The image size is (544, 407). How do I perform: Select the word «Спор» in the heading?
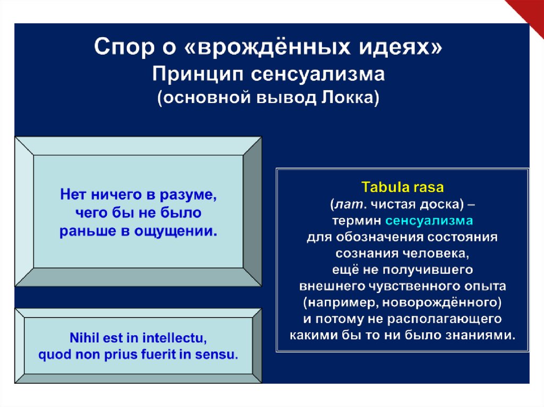(124, 47)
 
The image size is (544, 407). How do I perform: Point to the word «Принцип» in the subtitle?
(198, 74)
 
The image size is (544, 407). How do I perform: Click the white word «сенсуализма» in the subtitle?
(318, 74)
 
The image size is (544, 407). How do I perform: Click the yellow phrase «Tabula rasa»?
(403, 187)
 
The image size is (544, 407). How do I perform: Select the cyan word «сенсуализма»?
(429, 221)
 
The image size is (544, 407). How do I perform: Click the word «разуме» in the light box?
(188, 195)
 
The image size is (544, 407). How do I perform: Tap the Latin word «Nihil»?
(81, 337)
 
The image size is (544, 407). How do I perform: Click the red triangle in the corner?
(529, 12)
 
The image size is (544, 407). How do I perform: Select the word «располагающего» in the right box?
(445, 319)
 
